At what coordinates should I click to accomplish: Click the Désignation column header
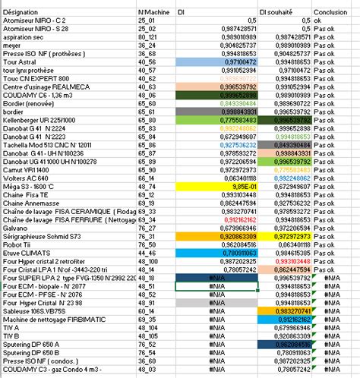coord(19,13)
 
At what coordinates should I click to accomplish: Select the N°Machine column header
coord(153,13)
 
